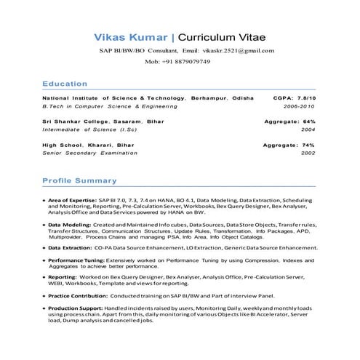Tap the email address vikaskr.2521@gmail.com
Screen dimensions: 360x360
tap(239, 51)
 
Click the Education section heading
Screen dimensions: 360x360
tap(65, 84)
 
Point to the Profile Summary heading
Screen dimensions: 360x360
tap(79, 180)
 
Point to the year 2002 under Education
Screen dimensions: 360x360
tap(308, 153)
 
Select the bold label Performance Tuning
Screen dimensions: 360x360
tap(76, 260)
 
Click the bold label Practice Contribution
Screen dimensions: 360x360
tap(79, 296)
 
